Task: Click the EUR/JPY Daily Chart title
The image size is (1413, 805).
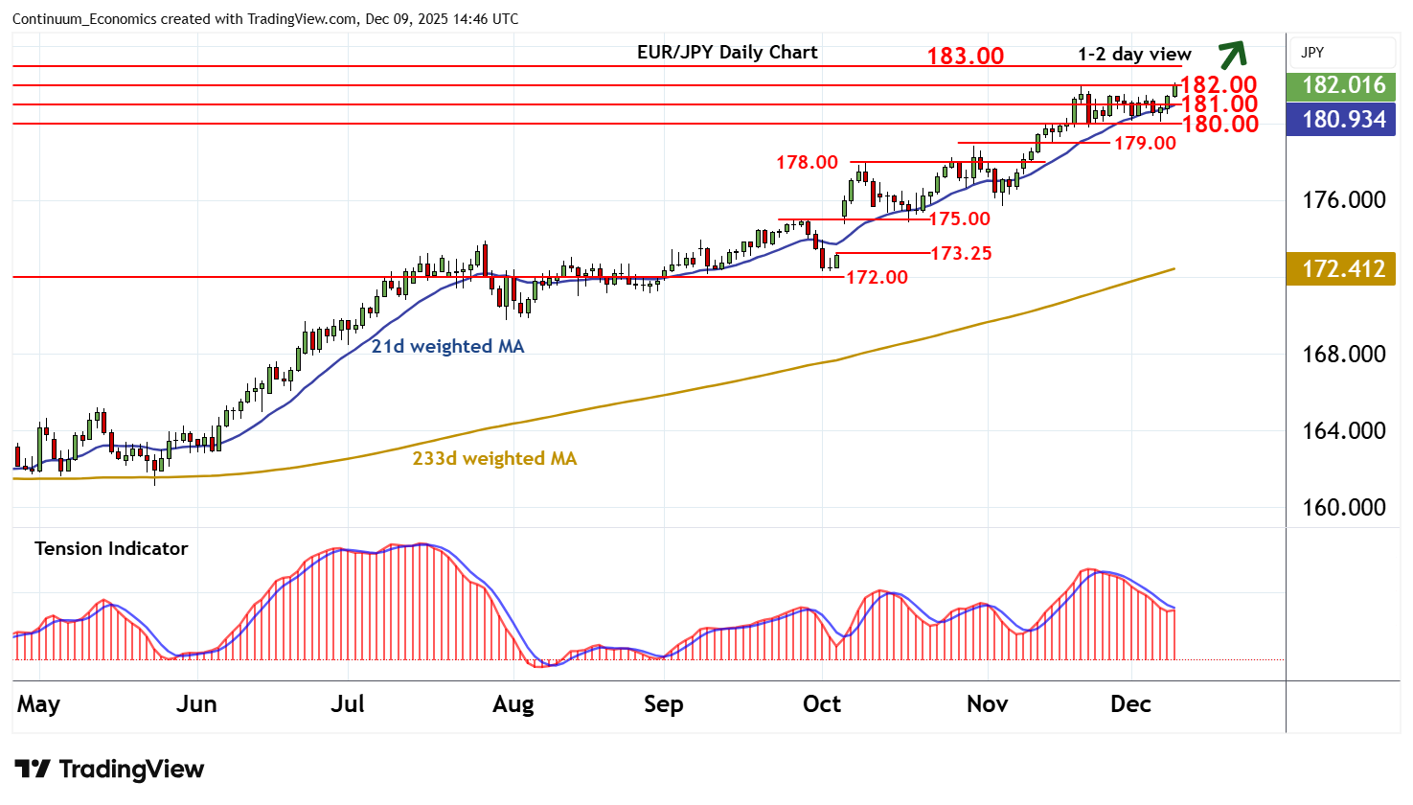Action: [x=727, y=53]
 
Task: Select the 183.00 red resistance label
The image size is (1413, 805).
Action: [x=965, y=56]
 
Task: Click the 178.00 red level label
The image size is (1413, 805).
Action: [x=807, y=162]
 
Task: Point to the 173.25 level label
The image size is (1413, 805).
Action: [x=961, y=253]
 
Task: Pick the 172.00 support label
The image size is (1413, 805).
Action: [x=877, y=277]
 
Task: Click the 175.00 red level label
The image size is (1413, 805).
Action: [x=960, y=218]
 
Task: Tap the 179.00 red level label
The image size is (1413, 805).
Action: [x=1145, y=143]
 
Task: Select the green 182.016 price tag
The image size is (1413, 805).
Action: [x=1343, y=85]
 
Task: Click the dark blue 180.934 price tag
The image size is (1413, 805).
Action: [x=1343, y=120]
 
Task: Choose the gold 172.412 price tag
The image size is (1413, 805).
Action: [x=1343, y=269]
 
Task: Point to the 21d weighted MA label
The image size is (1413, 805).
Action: [x=447, y=346]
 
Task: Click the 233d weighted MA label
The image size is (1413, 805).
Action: [x=494, y=458]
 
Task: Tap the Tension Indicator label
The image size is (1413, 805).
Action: [x=111, y=548]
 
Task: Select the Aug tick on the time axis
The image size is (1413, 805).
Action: [x=513, y=704]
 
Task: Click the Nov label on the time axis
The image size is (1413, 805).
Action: [x=987, y=704]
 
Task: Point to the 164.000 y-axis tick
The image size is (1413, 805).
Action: [x=1343, y=430]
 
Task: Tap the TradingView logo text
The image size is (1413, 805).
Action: [x=110, y=769]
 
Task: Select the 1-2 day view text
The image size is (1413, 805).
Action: [x=1134, y=54]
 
